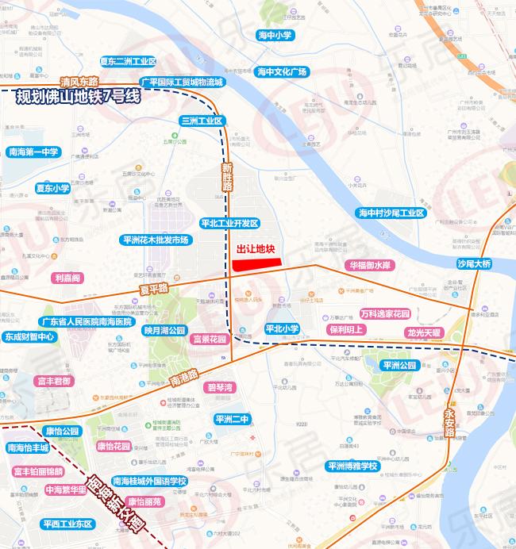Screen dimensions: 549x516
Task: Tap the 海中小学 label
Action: point(275,36)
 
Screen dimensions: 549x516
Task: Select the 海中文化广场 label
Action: point(282,71)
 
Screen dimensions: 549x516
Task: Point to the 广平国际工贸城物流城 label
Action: point(182,82)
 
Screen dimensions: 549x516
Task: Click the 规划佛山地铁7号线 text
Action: point(78,98)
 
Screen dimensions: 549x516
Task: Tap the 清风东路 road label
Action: point(79,82)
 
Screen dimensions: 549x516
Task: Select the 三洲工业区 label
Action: point(203,121)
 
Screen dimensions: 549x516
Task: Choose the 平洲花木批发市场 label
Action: point(156,240)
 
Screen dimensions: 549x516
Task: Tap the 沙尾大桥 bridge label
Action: point(474,263)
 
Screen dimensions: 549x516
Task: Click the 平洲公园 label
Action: point(399,365)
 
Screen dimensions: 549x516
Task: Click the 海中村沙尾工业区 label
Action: point(391,213)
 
